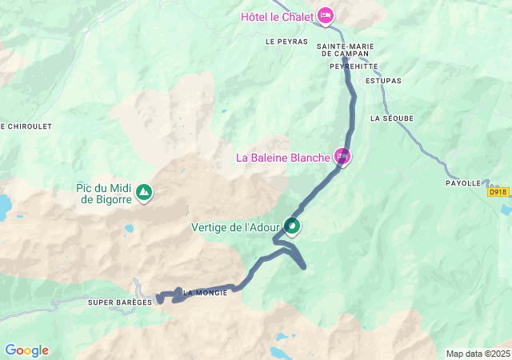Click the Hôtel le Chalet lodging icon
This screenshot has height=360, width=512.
326,15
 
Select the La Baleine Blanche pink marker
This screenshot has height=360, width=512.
342,157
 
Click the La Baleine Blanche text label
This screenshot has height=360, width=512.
283,158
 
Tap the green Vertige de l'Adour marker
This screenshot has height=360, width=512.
293,227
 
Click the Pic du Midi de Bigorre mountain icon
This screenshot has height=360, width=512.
143,193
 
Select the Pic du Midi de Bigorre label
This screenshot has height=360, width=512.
104,194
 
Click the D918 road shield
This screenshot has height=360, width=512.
498,192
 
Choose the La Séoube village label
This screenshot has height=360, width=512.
392,118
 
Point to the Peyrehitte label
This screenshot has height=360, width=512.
353,66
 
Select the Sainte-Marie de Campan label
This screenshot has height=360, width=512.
343,50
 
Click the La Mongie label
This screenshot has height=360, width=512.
206,293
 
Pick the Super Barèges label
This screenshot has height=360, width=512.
120,302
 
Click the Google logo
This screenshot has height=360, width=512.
26,350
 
